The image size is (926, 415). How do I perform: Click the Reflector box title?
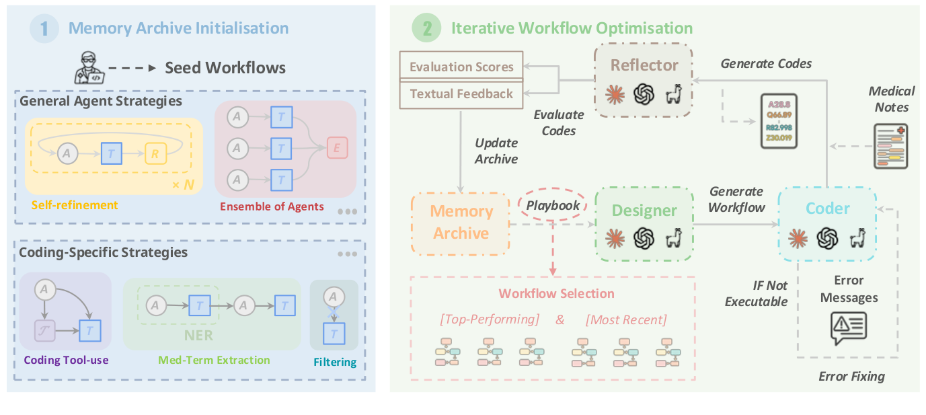point(644,65)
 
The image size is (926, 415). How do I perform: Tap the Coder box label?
point(828,209)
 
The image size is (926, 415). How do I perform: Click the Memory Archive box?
point(461,223)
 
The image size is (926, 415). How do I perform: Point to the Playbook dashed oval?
point(553,205)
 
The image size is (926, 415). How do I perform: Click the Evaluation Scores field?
point(461,67)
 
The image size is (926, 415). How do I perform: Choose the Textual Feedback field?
point(461,93)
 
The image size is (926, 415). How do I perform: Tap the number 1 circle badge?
point(44,29)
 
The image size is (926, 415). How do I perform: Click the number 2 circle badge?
point(426,29)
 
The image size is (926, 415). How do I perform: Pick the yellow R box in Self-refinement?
point(155,153)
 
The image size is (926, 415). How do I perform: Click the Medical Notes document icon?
point(890,145)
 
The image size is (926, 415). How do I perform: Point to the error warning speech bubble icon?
point(849,328)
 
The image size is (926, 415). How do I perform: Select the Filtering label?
point(335,363)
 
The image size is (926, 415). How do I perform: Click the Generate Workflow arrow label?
point(737,200)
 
